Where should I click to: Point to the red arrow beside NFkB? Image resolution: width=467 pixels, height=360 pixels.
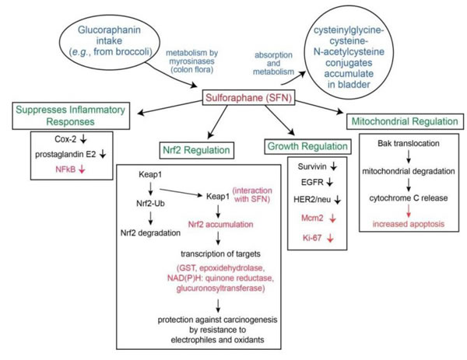[x=82, y=169]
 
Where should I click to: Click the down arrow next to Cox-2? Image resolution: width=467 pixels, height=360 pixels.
[x=84, y=138]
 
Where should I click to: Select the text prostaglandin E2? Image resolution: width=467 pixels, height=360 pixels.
[x=65, y=155]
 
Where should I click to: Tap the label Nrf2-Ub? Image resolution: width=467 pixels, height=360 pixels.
[x=150, y=204]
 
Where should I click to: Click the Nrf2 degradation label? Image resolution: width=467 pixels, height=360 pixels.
[x=150, y=232]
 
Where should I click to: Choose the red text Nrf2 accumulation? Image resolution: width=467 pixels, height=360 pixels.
[x=221, y=225]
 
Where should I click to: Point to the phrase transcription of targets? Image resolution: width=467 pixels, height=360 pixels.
[x=221, y=253]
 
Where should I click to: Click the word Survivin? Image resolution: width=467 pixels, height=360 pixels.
[x=312, y=166]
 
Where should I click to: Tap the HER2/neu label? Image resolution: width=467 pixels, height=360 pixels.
[x=312, y=199]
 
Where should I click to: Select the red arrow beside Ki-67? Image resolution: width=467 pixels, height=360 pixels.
[x=330, y=238]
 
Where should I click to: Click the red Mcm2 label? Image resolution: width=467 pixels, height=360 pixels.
[x=312, y=218]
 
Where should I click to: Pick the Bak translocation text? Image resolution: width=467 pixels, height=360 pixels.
[x=409, y=143]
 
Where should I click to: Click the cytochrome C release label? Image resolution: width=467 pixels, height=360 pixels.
[x=409, y=198]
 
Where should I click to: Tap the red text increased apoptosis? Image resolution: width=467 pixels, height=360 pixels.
[x=409, y=224]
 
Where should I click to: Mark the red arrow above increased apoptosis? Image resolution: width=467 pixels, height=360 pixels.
[x=409, y=211]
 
